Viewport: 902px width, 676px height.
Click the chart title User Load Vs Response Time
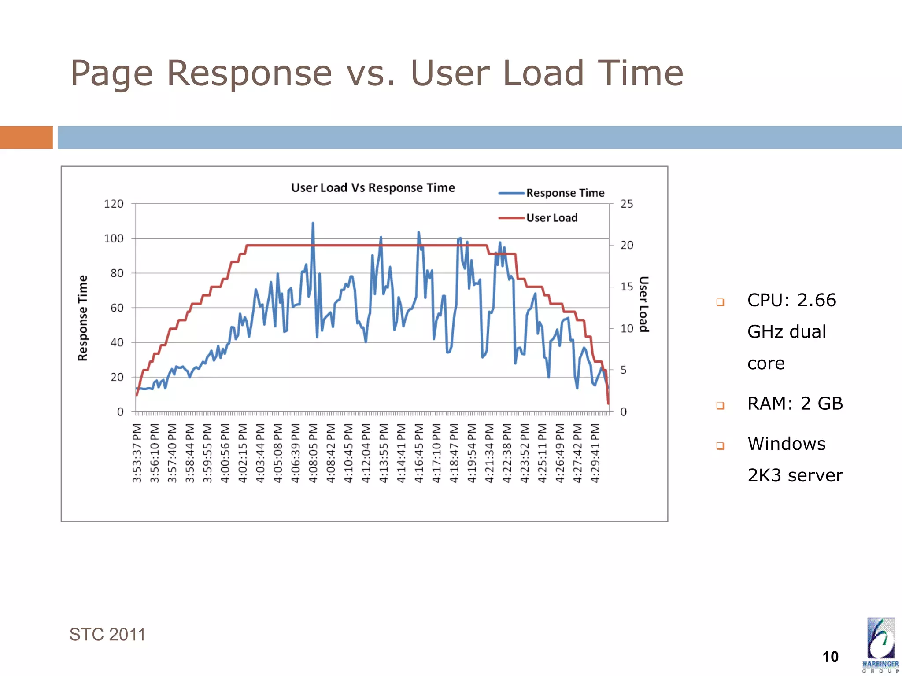pos(373,188)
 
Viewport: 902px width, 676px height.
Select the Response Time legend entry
pos(565,193)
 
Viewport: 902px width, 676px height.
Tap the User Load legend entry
pos(551,218)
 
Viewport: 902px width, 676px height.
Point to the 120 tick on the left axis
pos(114,204)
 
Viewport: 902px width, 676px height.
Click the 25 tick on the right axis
pos(626,204)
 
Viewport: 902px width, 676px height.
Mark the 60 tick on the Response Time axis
pos(117,308)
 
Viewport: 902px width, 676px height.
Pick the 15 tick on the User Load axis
pos(626,287)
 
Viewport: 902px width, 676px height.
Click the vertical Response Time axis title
pos(83,318)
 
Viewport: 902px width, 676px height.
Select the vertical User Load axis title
pos(643,304)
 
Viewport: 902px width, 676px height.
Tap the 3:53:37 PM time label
pos(137,453)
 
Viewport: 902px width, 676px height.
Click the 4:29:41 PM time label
pos(595,453)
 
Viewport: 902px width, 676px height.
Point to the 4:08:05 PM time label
pos(313,453)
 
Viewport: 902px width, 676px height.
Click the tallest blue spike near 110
pos(313,224)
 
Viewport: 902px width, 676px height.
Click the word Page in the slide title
pos(111,73)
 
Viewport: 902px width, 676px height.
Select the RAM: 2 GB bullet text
pos(795,404)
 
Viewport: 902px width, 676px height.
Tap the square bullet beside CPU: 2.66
pos(720,302)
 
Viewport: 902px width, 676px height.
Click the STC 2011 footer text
pos(107,635)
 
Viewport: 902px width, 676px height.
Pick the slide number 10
pos(830,657)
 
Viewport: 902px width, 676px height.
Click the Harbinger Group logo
pos(880,645)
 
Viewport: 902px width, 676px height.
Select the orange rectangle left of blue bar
pos(26,137)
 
